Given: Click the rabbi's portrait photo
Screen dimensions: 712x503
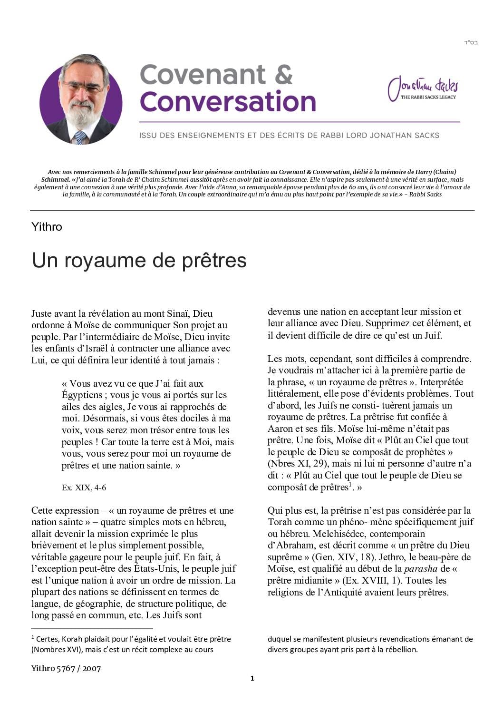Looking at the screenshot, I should (80, 99).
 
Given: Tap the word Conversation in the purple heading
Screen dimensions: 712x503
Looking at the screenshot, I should (228, 101).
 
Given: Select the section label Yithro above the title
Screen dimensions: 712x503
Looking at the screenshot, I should (47, 227).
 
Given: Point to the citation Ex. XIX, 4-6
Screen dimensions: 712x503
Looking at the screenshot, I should (84, 488).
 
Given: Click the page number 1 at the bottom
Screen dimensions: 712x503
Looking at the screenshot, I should (252, 678).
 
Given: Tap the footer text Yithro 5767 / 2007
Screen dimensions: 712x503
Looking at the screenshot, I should (66, 668).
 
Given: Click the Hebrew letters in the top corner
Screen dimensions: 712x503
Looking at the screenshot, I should (470, 43).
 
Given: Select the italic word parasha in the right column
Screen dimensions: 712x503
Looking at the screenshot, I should (420, 569).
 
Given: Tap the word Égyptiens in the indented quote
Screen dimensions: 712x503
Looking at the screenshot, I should (82, 395).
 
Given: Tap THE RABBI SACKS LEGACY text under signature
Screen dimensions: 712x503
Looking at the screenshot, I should (428, 97).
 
